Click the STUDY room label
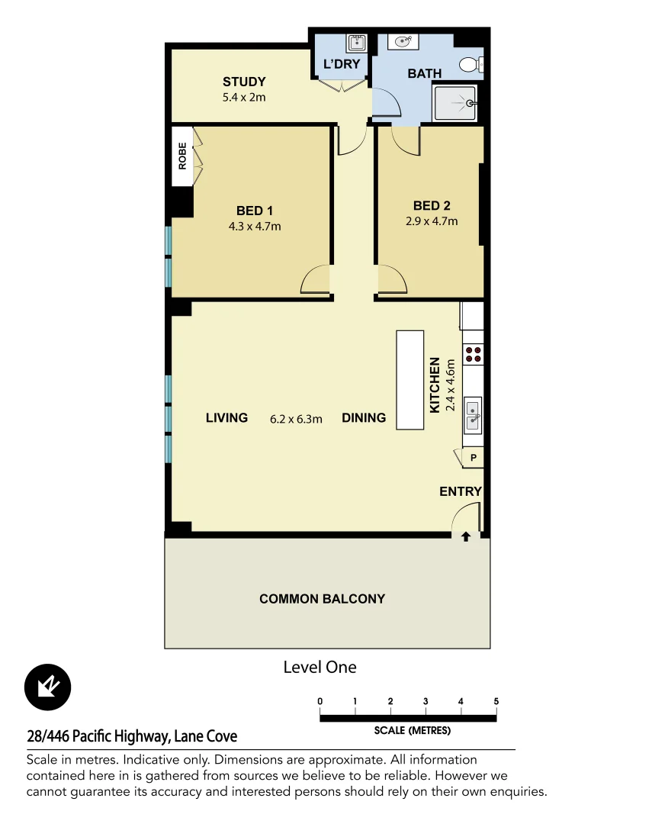[x=244, y=82]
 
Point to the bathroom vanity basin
[x=403, y=41]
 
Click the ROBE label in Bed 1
[x=182, y=156]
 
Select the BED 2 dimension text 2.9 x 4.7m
[x=432, y=221]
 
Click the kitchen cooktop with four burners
[x=473, y=353]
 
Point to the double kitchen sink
[x=473, y=414]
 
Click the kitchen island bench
[x=410, y=379]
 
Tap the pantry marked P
[x=473, y=458]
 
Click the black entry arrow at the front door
[x=466, y=537]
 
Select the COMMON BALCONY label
[x=322, y=599]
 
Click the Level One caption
[x=320, y=667]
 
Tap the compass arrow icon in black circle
[x=48, y=687]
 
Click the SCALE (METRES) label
[x=412, y=730]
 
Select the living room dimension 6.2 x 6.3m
[x=297, y=418]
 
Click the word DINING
[x=364, y=418]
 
